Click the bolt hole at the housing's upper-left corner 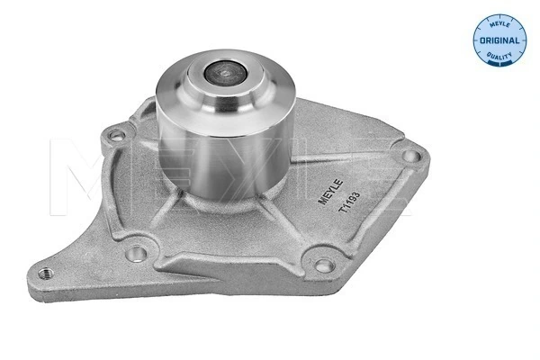114,137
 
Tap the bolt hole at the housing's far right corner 409,157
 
